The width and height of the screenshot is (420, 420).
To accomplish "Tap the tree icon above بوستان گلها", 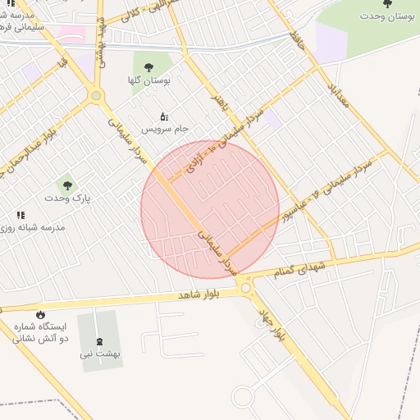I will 148,67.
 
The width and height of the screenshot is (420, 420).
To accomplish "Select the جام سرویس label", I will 165,130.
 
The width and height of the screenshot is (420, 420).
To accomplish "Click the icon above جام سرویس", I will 164,116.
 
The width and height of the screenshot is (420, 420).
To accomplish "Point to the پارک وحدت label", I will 67,199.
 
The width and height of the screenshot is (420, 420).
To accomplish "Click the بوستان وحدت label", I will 387,16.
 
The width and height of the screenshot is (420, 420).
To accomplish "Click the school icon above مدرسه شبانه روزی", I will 21,214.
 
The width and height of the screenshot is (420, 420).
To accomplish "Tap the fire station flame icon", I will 40,314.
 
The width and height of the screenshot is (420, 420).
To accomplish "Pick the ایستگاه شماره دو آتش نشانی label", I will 40,332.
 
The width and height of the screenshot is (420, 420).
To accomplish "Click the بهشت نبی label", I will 100,354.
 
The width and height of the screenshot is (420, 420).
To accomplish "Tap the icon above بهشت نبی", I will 100,340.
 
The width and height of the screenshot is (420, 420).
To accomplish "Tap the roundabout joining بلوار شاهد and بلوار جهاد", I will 245,287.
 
